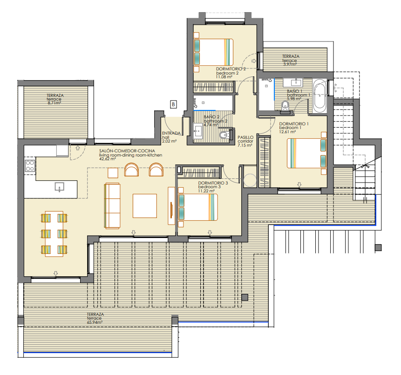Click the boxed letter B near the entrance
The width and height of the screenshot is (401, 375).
(173, 104)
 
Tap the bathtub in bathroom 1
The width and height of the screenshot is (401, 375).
(319, 96)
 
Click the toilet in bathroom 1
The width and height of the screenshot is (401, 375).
(285, 106)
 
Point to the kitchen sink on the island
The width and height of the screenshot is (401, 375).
(59, 187)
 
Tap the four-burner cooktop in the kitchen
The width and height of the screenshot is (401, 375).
(30, 165)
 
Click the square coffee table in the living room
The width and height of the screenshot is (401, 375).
(145, 205)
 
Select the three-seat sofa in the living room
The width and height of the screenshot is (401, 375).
(112, 205)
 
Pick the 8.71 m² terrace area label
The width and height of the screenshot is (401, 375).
(54, 103)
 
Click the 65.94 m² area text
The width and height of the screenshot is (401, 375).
(95, 322)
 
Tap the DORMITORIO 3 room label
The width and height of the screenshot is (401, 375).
(213, 183)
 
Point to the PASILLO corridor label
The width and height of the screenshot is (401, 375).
(245, 137)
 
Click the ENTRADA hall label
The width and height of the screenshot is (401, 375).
(171, 133)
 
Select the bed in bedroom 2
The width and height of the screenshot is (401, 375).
(213, 52)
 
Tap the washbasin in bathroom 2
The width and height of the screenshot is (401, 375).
(198, 131)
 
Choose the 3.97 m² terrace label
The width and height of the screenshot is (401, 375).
(290, 64)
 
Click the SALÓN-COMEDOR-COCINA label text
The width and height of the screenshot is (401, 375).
(127, 151)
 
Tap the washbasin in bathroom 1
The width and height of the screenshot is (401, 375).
(293, 82)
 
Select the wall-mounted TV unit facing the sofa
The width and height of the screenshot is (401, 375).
(171, 206)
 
